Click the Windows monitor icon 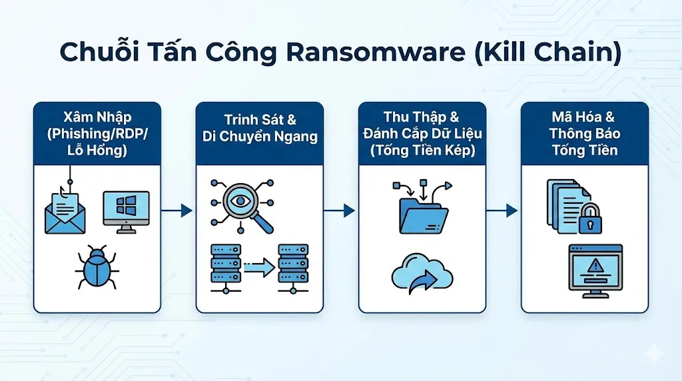[126, 211]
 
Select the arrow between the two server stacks [260, 268]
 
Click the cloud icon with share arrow [424, 272]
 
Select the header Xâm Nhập [97, 118]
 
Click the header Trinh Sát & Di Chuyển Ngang [260, 129]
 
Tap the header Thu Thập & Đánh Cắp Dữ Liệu [423, 125]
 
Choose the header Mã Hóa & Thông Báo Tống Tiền [585, 133]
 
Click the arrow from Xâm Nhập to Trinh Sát [178, 210]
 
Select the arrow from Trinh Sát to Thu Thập [340, 210]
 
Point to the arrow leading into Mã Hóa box [503, 210]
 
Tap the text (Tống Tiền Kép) [423, 150]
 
